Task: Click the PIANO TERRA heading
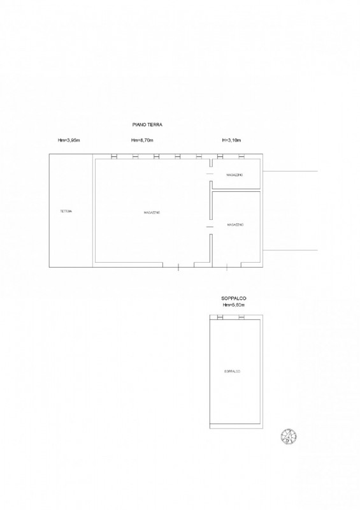tap(147, 126)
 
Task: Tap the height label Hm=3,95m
tap(69, 140)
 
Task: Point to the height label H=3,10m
tap(231, 140)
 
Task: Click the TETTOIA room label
tap(66, 211)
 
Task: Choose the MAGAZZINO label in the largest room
tap(152, 212)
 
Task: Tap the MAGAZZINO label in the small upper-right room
tap(235, 175)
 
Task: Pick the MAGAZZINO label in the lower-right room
tap(235, 225)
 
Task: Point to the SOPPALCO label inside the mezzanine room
tap(233, 371)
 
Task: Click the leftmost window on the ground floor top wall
tap(113, 157)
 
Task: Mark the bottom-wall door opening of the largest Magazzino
tap(179, 265)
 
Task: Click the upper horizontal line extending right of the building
tap(290, 172)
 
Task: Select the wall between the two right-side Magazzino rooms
tap(236, 190)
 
